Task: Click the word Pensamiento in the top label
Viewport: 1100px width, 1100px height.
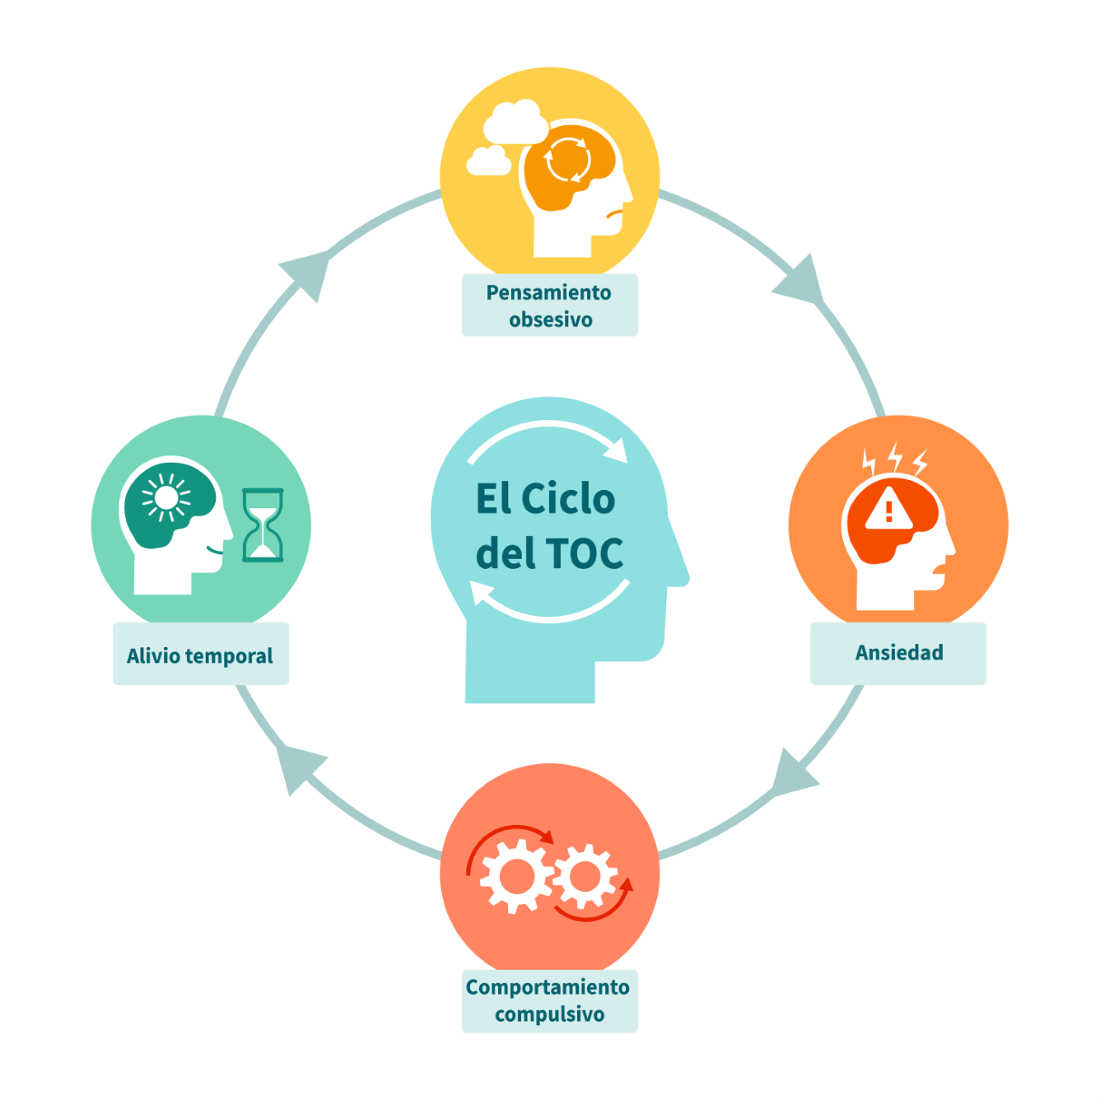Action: point(548,293)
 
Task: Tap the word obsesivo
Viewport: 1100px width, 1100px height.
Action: point(550,319)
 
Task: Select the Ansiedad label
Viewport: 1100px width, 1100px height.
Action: point(899,653)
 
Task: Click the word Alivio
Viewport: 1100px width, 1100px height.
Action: point(153,655)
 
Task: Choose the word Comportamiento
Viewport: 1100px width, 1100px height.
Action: point(548,986)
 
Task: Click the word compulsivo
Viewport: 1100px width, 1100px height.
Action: point(549,1014)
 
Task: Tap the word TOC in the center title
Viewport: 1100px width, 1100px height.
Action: point(585,553)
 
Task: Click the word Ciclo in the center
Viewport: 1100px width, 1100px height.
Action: point(568,499)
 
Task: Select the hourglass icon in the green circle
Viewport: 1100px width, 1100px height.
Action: point(263,525)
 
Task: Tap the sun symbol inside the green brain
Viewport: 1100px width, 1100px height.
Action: point(166,498)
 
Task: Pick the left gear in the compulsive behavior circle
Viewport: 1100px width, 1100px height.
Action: point(516,878)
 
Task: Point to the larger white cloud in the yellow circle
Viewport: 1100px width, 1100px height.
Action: point(515,123)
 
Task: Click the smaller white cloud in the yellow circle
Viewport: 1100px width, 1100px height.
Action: point(488,161)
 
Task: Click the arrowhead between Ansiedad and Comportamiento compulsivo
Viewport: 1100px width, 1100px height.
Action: point(792,774)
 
